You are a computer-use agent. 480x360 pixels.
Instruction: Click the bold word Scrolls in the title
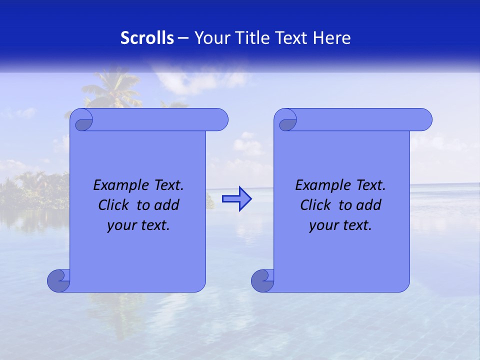coord(147,38)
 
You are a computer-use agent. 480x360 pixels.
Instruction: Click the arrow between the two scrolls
coord(236,199)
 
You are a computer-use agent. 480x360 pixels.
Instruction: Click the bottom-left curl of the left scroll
coord(58,280)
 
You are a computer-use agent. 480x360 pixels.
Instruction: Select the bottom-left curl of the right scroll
coord(262,280)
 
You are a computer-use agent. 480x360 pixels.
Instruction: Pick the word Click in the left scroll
coord(114,205)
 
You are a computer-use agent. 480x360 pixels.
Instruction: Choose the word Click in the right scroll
coord(316,205)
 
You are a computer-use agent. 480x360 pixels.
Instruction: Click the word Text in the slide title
coord(291,38)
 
